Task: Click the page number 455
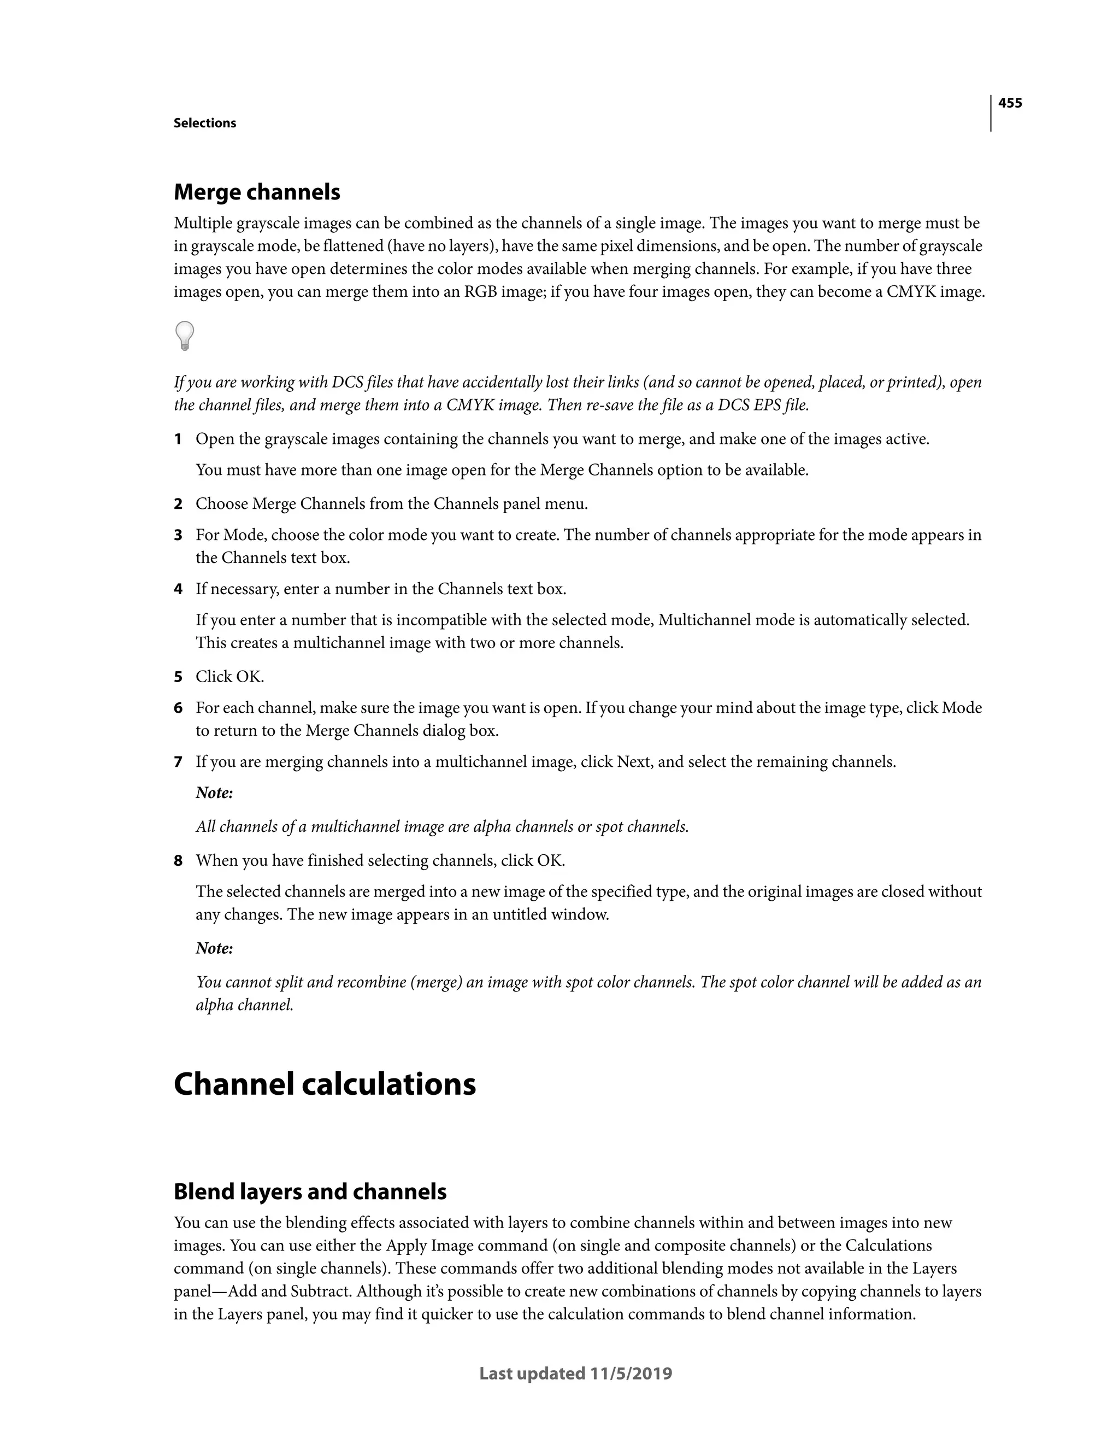pos(1010,103)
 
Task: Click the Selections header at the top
pos(204,124)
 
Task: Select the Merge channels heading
pos(257,192)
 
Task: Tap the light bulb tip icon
pos(185,336)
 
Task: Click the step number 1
pos(178,439)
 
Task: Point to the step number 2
pos(178,504)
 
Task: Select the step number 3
pos(178,535)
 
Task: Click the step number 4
pos(178,589)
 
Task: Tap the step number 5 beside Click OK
pos(178,677)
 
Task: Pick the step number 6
pos(178,708)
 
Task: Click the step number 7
pos(178,762)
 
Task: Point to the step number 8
pos(178,861)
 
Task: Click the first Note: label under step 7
pos(214,794)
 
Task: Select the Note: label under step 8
pos(214,949)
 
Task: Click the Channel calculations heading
pos(325,1084)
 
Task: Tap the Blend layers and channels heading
pos(310,1192)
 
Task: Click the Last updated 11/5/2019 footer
pos(575,1374)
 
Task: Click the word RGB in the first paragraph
pos(480,292)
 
